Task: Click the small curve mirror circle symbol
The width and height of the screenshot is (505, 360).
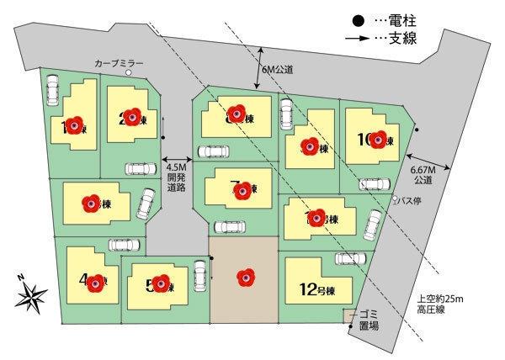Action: point(129,73)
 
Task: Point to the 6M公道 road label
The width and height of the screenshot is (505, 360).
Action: point(277,71)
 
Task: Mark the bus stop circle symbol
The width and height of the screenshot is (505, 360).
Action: point(397,199)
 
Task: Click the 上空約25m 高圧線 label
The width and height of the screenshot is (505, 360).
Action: point(440,304)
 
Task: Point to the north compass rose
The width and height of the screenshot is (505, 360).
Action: point(31,294)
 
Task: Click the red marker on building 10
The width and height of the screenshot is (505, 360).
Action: point(377,140)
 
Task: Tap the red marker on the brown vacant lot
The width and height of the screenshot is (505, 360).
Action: point(244,273)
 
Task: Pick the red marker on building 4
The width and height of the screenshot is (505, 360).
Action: point(96,283)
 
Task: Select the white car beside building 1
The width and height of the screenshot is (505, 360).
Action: point(51,88)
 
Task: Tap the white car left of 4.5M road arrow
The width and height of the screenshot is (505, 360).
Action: point(140,168)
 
